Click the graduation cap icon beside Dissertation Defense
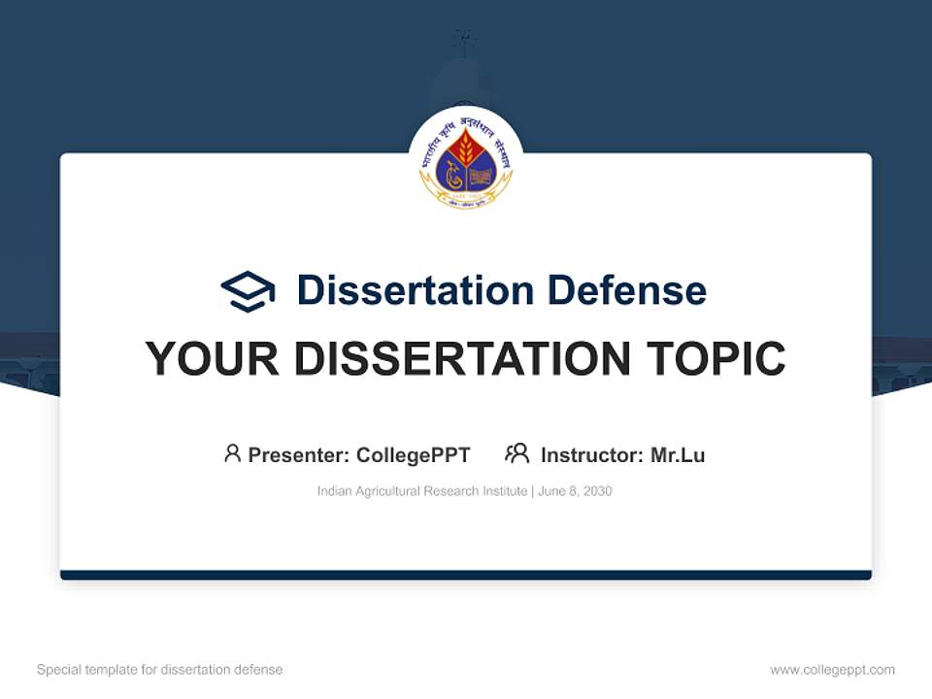click(x=248, y=291)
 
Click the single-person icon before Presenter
click(x=232, y=453)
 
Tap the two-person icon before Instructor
click(x=516, y=453)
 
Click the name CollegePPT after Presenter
click(x=413, y=455)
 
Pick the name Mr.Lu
click(x=678, y=455)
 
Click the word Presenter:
click(x=299, y=455)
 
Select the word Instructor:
click(x=591, y=455)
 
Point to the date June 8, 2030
click(x=575, y=491)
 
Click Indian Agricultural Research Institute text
click(x=422, y=491)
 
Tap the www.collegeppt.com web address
click(x=832, y=670)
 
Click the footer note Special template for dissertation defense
click(x=159, y=670)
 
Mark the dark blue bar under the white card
click(x=466, y=576)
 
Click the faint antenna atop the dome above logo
click(x=464, y=41)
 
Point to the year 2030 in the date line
click(x=598, y=491)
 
